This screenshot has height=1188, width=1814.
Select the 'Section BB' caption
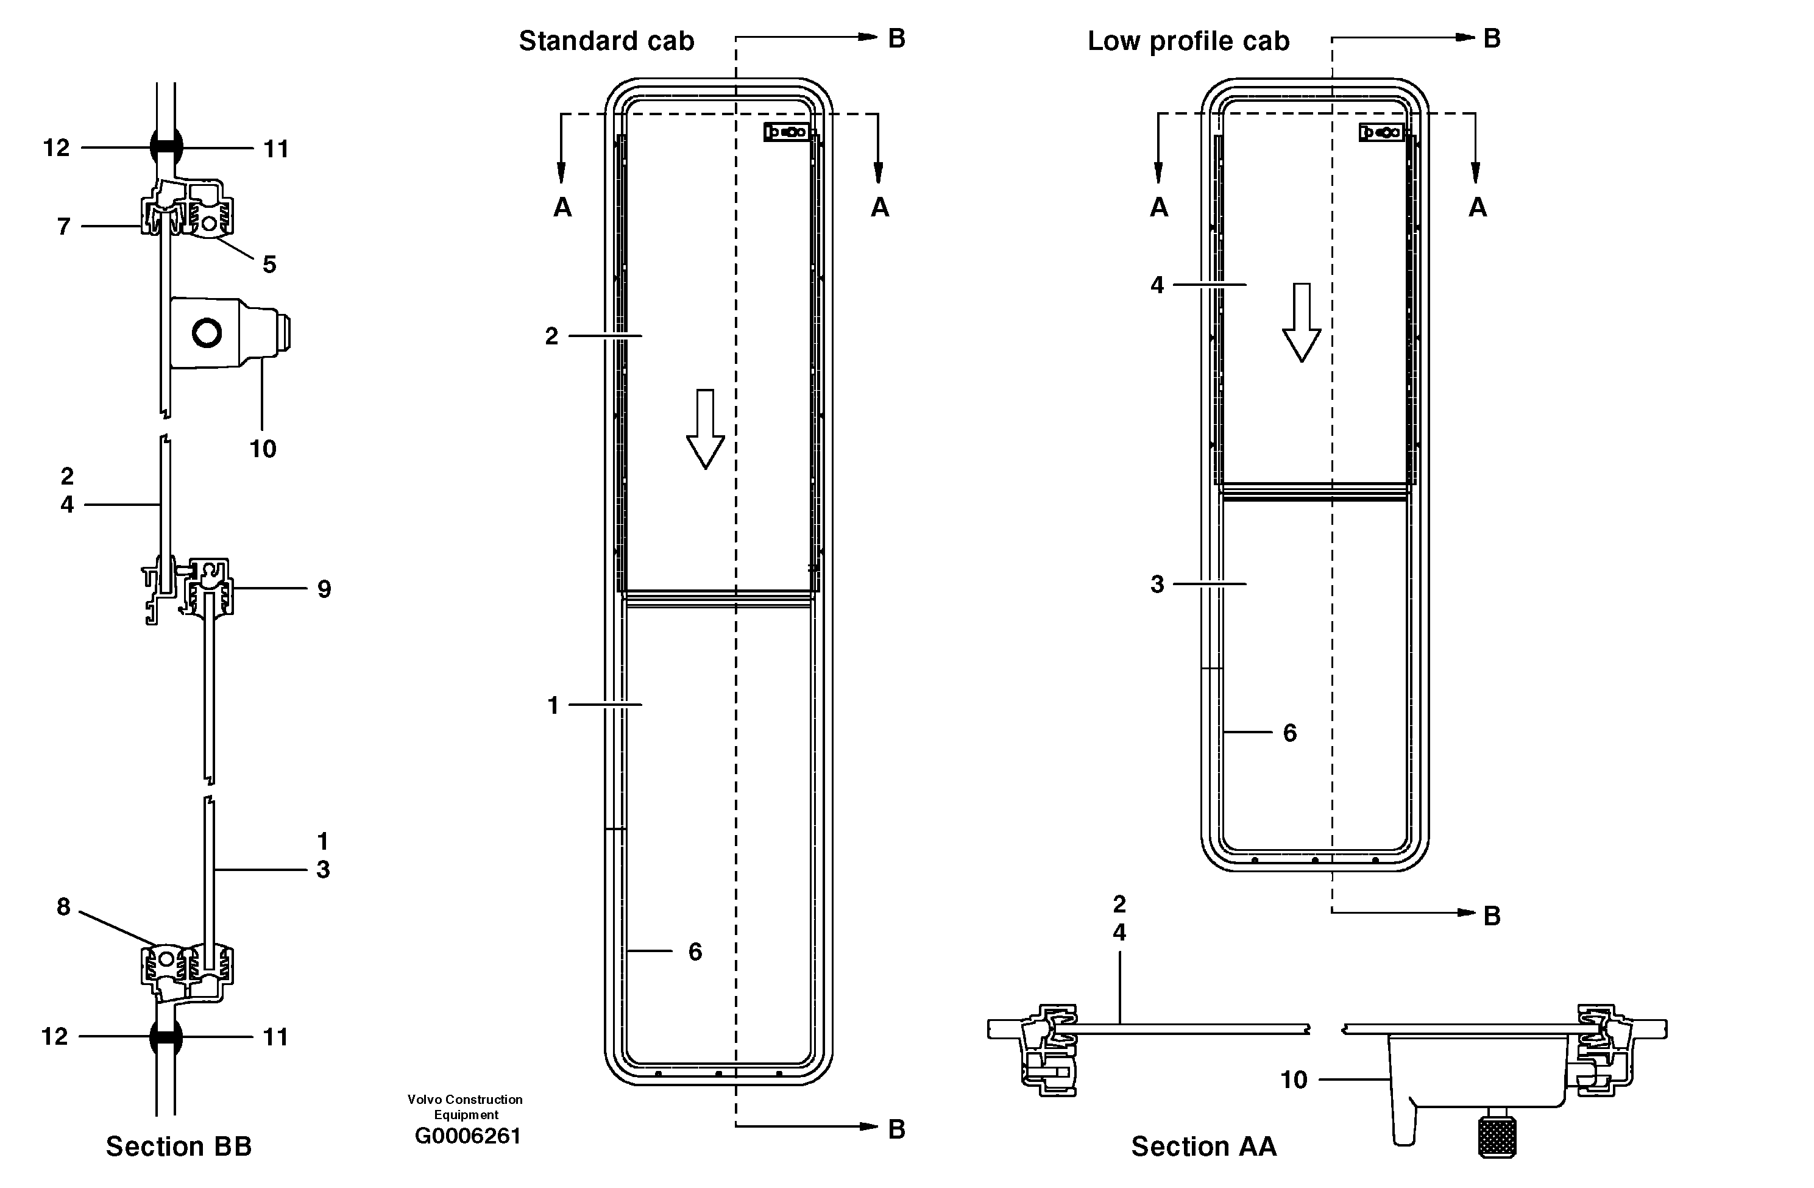point(179,1146)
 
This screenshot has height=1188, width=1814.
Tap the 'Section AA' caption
point(1203,1146)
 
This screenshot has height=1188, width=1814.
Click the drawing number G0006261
point(467,1136)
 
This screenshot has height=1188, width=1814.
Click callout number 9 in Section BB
point(324,589)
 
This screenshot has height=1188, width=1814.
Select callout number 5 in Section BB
point(269,265)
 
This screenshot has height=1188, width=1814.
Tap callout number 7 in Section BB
point(64,227)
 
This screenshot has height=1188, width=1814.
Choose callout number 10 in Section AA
point(1294,1080)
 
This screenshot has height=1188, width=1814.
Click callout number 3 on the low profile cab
point(1157,585)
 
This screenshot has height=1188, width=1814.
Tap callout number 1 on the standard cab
point(553,705)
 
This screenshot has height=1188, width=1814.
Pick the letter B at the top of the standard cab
point(896,38)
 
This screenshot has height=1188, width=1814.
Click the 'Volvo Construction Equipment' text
point(465,1106)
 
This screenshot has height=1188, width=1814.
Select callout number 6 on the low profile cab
point(1289,733)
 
